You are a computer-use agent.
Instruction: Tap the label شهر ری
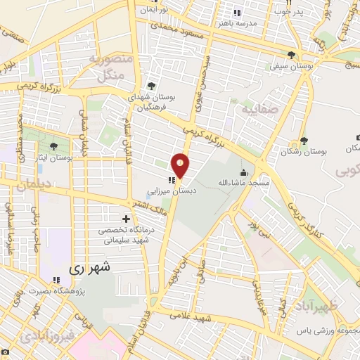pyautogui.click(x=89, y=269)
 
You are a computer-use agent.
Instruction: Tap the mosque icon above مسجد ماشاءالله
pyautogui.click(x=243, y=173)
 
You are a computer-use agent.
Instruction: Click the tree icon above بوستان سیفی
pyautogui.click(x=292, y=56)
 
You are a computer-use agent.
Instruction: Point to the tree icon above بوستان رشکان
pyautogui.click(x=304, y=141)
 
